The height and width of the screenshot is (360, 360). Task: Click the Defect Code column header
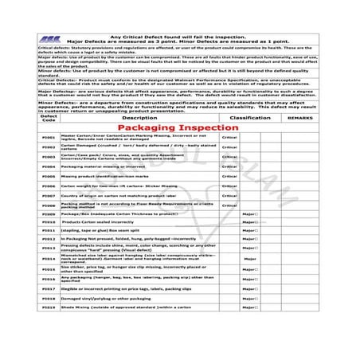pos(49,117)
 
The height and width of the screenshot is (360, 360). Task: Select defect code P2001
pos(49,138)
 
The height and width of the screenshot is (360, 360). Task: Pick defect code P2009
pos(49,214)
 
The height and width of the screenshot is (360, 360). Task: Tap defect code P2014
pos(49,258)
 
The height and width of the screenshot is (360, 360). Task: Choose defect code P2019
pos(49,307)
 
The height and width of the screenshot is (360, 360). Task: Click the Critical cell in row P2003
pos(229,157)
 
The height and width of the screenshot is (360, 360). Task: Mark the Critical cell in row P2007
pos(229,195)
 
